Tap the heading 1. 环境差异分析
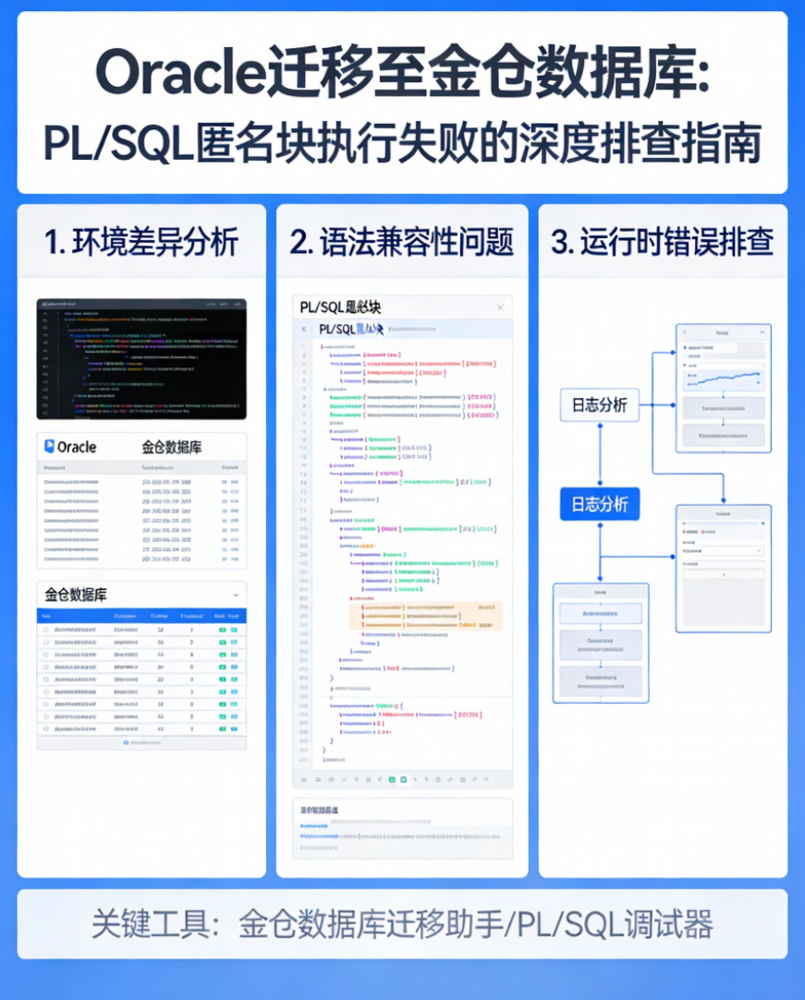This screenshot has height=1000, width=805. click(x=141, y=242)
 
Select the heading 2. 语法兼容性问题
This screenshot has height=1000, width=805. click(x=401, y=242)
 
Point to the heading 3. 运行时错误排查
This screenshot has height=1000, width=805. click(x=662, y=242)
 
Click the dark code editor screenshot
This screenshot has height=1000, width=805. click(x=141, y=358)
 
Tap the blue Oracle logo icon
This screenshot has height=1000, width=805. click(x=49, y=447)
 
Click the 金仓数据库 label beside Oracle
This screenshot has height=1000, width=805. click(x=172, y=447)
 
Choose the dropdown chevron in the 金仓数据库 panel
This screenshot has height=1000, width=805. click(x=236, y=596)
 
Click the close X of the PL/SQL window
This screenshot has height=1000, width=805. click(x=500, y=307)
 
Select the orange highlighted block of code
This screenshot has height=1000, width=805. click(x=426, y=616)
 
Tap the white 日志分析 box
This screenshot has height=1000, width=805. click(x=599, y=405)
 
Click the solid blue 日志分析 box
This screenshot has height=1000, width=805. click(x=599, y=504)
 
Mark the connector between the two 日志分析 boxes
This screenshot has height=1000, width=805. click(x=599, y=454)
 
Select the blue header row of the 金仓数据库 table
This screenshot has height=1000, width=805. click(x=141, y=616)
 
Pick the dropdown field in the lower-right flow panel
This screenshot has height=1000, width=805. click(x=723, y=550)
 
